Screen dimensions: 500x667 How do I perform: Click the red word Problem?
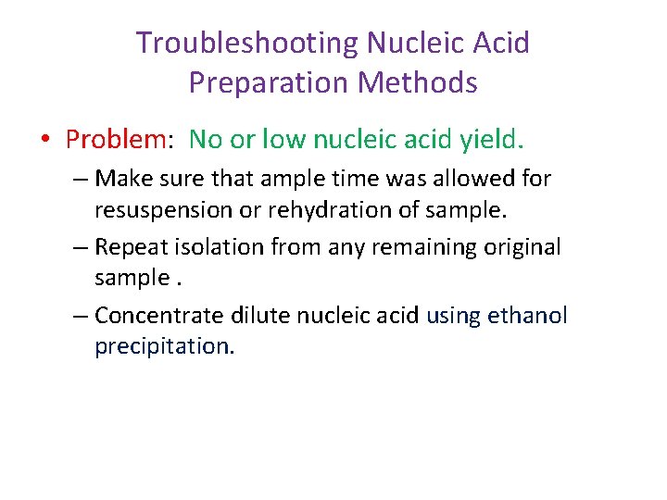[115, 140]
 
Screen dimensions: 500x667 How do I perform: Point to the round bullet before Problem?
[44, 141]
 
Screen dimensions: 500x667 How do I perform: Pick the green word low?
[282, 140]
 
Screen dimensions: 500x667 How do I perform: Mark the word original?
[523, 247]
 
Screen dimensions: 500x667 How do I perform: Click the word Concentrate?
[159, 316]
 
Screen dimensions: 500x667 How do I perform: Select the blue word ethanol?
[525, 316]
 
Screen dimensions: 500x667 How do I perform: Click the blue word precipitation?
[165, 347]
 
